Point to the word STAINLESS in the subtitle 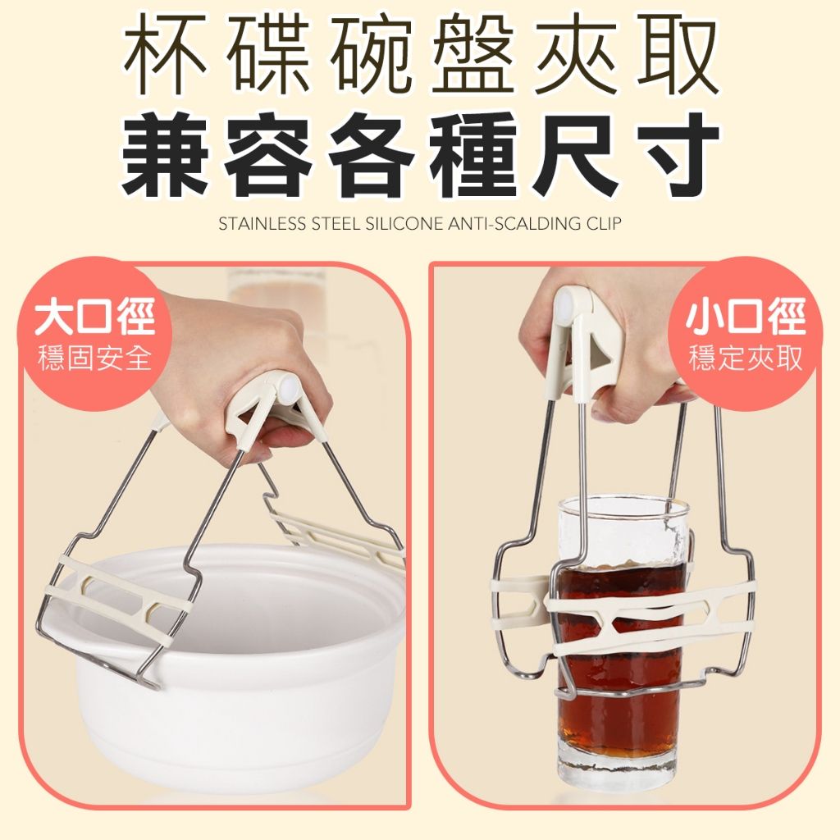[262, 223]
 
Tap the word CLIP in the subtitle [603, 223]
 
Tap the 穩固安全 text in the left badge [95, 358]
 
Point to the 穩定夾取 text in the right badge [746, 358]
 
